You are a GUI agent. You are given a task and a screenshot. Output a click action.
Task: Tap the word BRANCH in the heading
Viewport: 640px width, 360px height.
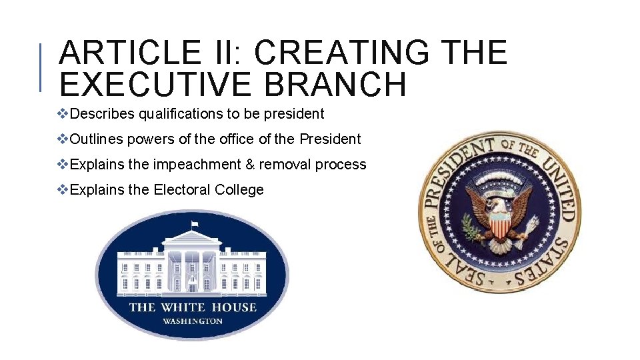pos(339,85)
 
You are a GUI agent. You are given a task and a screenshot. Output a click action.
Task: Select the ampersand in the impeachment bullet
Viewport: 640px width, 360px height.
pos(249,165)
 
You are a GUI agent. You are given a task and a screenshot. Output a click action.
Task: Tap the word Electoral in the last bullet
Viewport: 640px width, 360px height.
pos(182,190)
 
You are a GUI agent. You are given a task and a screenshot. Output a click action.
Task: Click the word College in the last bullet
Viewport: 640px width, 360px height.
pos(239,190)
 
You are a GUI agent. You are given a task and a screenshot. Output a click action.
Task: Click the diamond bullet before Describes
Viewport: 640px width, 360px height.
pos(63,114)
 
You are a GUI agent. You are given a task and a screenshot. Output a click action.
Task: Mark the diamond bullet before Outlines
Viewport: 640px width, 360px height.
pos(63,139)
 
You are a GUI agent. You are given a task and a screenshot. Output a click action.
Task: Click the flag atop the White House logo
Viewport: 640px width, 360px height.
pos(195,224)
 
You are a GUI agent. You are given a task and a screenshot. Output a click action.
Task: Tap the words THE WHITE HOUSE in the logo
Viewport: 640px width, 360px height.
pos(192,307)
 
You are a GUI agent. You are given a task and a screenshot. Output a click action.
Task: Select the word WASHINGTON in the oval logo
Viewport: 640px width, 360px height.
pos(192,321)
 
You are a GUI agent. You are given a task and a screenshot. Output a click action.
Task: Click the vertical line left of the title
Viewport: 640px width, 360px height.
pos(41,67)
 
